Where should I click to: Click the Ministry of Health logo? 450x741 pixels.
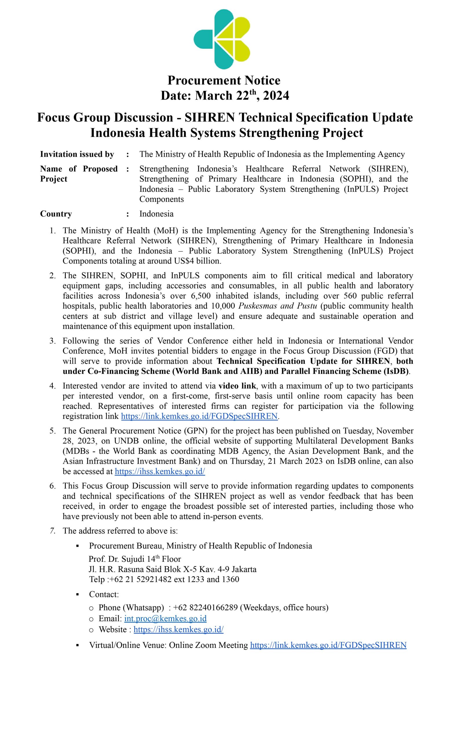pyautogui.click(x=222, y=39)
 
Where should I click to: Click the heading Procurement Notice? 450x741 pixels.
pyautogui.click(x=224, y=80)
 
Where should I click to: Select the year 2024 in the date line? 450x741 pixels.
pyautogui.click(x=276, y=96)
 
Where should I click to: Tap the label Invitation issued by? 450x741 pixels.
pyautogui.click(x=77, y=154)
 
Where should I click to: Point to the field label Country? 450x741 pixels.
pyautogui.click(x=56, y=214)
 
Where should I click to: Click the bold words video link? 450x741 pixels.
pyautogui.click(x=237, y=386)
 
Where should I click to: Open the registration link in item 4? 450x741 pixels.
pyautogui.click(x=199, y=416)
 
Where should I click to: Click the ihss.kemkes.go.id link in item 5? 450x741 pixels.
pyautogui.click(x=160, y=472)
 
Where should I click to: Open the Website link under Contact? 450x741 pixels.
pyautogui.click(x=178, y=630)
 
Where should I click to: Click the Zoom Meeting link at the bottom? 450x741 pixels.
pyautogui.click(x=328, y=645)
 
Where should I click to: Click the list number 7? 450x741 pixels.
pyautogui.click(x=53, y=531)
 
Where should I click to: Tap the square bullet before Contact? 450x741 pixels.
pyautogui.click(x=78, y=595)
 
